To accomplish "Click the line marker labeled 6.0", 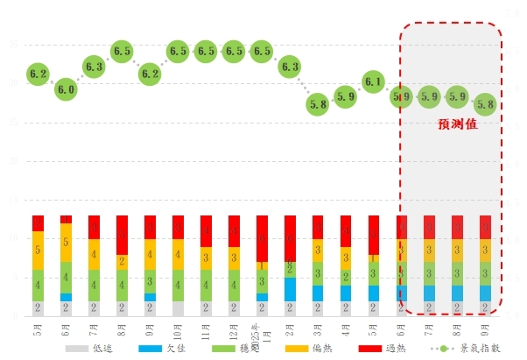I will [x=67, y=89].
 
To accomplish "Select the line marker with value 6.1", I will [x=373, y=82].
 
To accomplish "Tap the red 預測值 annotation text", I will [x=458, y=125].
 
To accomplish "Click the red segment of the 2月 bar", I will [x=290, y=238].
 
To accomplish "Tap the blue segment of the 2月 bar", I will [x=290, y=290].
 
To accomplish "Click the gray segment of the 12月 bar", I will [x=234, y=308].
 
